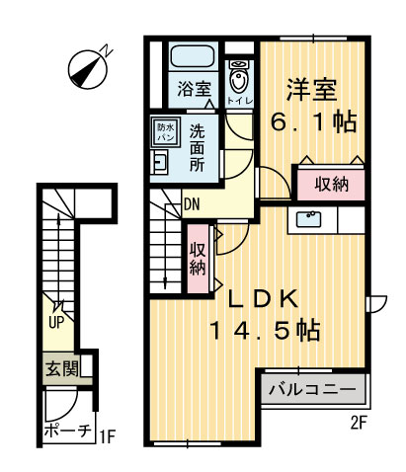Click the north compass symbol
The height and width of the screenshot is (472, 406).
(x=90, y=67)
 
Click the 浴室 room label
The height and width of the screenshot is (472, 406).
(x=193, y=89)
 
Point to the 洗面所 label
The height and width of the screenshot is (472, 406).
(x=199, y=146)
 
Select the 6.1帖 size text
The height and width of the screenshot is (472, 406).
(x=313, y=124)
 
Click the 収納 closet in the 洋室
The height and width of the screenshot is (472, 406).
(x=330, y=184)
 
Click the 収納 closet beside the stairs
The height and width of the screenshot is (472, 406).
(x=198, y=257)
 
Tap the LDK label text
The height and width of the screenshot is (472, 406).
(x=262, y=299)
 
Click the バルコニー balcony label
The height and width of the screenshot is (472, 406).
(x=312, y=390)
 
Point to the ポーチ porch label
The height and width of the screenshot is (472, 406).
(x=68, y=432)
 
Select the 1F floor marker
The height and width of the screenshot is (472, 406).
(x=109, y=432)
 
